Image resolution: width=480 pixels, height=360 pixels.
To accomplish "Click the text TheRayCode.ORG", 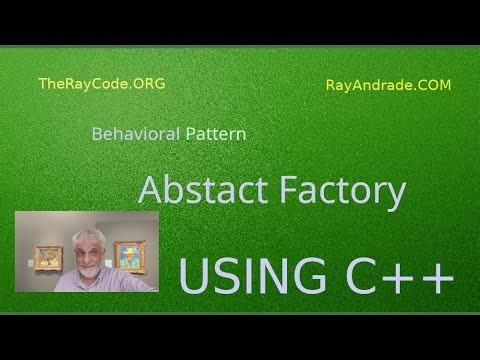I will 101,84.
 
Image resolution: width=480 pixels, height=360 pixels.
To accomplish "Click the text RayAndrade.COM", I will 388,85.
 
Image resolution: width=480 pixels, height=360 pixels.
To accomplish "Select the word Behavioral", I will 136,132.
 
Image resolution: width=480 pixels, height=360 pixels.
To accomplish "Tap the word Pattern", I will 216,132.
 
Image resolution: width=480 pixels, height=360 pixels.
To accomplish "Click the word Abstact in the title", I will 199,189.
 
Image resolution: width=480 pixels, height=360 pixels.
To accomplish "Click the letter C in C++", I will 358,275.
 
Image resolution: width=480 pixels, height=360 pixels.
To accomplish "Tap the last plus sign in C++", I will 437,277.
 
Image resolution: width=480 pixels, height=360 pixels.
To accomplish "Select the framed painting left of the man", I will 48,257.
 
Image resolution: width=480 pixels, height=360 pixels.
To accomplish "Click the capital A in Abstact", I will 150,189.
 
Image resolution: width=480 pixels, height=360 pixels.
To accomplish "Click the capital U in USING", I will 195,275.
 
